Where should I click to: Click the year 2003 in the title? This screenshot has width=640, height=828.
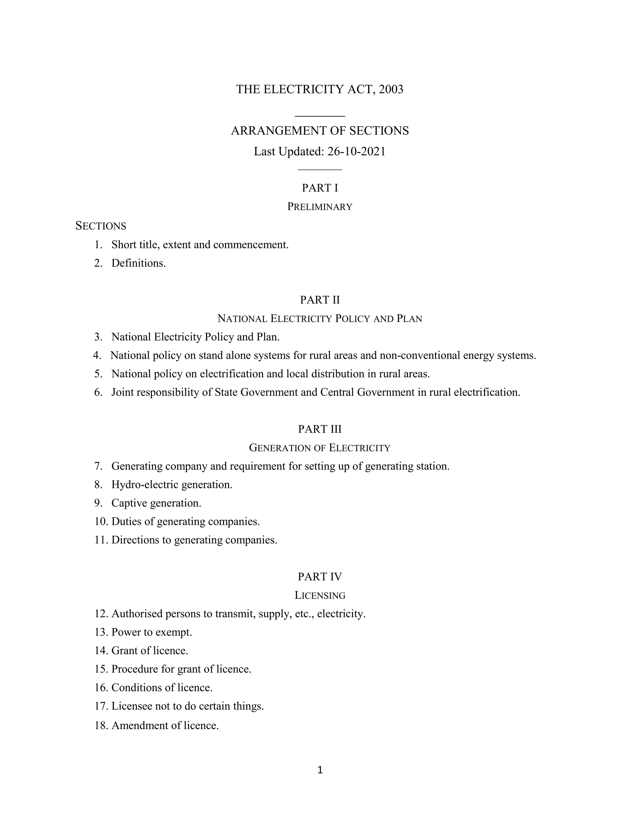tap(391, 89)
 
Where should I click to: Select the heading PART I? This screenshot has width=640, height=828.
tap(320, 188)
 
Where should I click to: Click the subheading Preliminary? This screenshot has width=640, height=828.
tap(320, 207)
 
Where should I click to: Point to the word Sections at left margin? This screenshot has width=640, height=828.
tap(101, 226)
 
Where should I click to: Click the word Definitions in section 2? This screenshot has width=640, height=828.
tap(138, 263)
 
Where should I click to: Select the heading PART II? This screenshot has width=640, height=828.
tap(320, 300)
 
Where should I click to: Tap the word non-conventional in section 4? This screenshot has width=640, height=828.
tap(420, 356)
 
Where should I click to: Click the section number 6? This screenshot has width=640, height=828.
tap(98, 392)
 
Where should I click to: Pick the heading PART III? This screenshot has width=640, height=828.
tap(320, 429)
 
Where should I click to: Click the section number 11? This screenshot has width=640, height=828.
tap(101, 540)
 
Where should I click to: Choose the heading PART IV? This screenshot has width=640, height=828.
tap(320, 577)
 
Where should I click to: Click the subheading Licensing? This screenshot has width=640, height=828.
tap(320, 596)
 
